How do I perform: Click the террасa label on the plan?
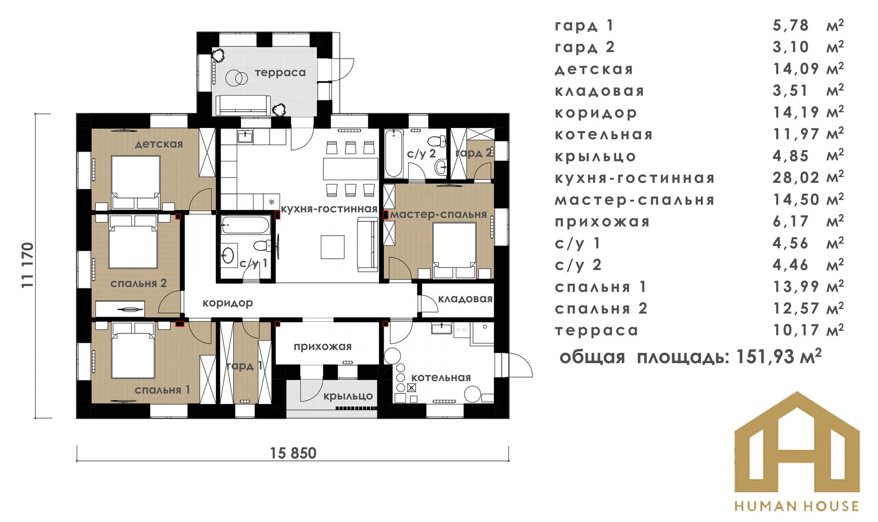280,73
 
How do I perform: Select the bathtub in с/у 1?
245,225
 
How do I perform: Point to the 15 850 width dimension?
293,453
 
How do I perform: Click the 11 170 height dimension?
28,265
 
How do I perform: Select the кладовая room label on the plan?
465,299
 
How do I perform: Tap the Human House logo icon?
796,444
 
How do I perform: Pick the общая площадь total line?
690,357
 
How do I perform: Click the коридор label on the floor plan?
227,303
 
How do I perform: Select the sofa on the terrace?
243,106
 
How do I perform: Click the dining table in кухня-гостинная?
350,169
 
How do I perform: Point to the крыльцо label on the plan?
348,396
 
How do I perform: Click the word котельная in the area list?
604,134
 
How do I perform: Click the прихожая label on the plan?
322,346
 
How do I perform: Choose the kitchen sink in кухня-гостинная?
245,137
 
